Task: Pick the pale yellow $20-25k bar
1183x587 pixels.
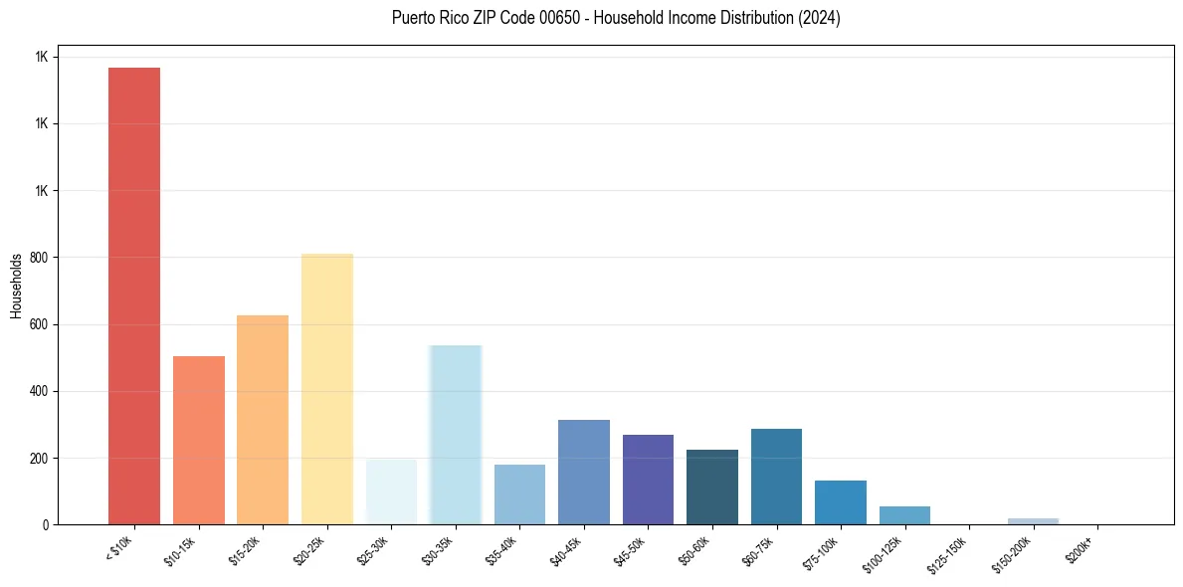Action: click(x=327, y=389)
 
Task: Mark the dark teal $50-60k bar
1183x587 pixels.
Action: click(x=712, y=487)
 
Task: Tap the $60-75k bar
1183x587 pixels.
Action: click(x=776, y=477)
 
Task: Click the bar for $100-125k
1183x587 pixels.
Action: click(x=904, y=515)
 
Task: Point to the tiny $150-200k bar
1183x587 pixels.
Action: click(x=1033, y=520)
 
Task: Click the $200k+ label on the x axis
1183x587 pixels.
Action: click(x=1080, y=548)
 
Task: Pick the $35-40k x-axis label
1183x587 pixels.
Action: click(x=502, y=550)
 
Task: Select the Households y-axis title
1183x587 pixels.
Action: click(x=17, y=286)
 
